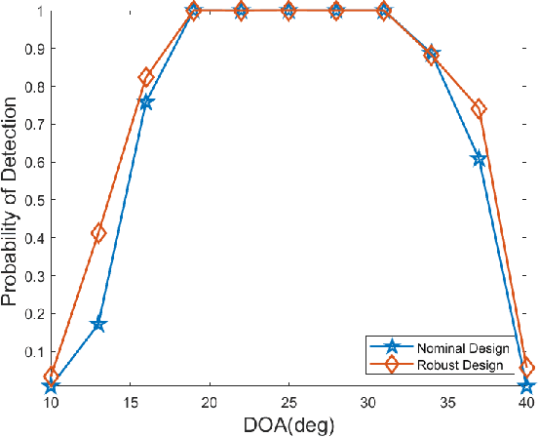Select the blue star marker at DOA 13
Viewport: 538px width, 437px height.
click(98, 324)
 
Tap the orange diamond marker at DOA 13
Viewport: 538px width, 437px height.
click(98, 233)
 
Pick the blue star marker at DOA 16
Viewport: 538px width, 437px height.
click(146, 101)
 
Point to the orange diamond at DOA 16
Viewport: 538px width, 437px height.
click(146, 77)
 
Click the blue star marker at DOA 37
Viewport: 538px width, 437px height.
click(479, 159)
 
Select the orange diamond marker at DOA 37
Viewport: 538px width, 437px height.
click(479, 109)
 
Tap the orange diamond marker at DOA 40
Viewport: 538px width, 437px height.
click(526, 368)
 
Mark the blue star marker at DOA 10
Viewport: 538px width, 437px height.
click(51, 386)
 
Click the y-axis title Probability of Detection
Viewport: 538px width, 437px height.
click(11, 200)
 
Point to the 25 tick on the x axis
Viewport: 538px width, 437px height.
click(288, 403)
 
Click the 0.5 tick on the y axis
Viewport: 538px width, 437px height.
click(31, 200)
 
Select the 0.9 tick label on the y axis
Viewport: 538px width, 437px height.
click(31, 49)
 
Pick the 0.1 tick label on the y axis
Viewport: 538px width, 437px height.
click(31, 351)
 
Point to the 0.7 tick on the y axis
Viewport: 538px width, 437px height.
click(31, 125)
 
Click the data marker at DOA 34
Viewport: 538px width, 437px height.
click(431, 55)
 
